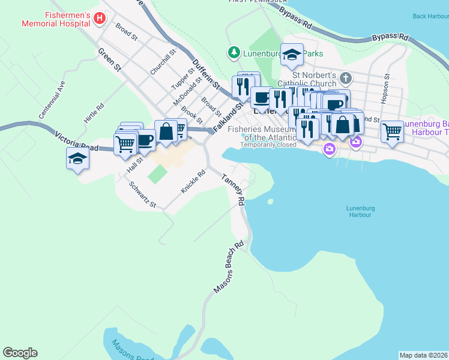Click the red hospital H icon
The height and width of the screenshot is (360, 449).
(x=100, y=19)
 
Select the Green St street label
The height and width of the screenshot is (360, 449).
(x=110, y=61)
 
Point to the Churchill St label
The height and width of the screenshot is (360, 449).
(x=163, y=62)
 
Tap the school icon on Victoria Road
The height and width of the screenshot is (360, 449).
(x=78, y=159)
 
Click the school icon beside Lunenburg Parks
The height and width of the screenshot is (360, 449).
(x=292, y=56)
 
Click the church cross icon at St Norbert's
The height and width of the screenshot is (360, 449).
(x=346, y=78)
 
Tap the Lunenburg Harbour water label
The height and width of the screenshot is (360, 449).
(x=360, y=211)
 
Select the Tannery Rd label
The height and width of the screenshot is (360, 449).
(x=234, y=191)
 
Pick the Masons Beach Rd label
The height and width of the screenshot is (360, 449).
(x=229, y=268)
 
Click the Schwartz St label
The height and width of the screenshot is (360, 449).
(x=143, y=195)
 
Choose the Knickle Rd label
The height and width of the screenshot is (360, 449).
(x=194, y=182)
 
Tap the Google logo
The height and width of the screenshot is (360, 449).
(x=20, y=353)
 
